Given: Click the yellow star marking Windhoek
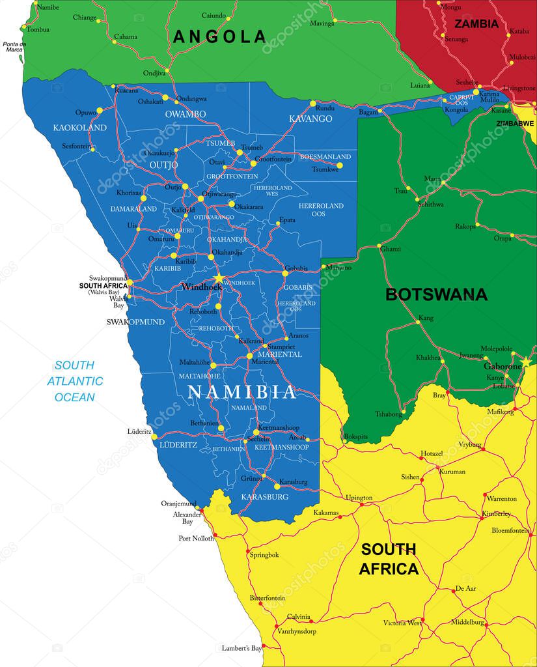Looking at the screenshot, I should click(219, 279).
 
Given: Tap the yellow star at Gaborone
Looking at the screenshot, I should click(525, 362).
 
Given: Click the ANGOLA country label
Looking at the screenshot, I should click(219, 36).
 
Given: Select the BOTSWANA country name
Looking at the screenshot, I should click(436, 294).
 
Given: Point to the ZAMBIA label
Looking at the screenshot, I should click(476, 24).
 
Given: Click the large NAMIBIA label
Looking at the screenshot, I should click(241, 392).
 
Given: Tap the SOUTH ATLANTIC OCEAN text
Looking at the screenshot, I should click(74, 381).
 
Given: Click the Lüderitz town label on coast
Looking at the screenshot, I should click(140, 432).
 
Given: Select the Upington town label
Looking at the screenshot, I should click(359, 498).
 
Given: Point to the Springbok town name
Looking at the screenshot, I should click(264, 555).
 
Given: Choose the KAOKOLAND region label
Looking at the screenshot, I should click(80, 128).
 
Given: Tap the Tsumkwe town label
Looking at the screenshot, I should click(325, 169).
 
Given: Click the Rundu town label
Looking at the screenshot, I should click(325, 108).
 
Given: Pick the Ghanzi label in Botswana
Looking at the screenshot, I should click(390, 249).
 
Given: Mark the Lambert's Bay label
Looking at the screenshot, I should click(241, 649).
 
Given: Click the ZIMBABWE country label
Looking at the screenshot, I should click(515, 123).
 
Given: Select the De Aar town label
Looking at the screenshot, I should click(466, 588).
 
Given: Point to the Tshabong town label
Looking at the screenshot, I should click(388, 414).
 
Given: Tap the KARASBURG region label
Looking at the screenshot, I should click(264, 496).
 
